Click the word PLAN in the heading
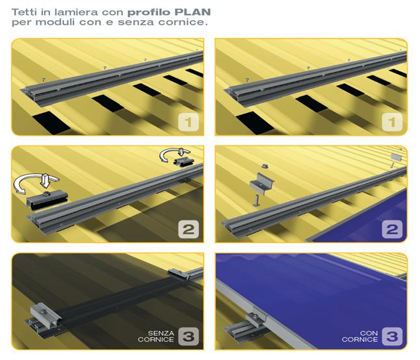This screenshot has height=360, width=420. tap(192, 12)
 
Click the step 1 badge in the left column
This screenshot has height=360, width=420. tap(189, 122)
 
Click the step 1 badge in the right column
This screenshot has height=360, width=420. tap(392, 122)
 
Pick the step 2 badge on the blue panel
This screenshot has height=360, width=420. tap(392, 229)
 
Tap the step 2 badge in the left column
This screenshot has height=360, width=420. tap(189, 229)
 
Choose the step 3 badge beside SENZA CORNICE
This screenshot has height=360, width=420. tap(189, 337)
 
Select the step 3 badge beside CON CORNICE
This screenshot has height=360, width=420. tap(392, 337)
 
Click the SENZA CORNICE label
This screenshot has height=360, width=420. tap(156, 337)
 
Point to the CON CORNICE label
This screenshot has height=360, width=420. tap(360, 337)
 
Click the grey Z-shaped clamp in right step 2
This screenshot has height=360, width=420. tap(261, 184)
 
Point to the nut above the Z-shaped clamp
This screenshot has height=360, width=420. tap(265, 166)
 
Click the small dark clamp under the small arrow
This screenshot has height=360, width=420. tap(184, 161)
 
